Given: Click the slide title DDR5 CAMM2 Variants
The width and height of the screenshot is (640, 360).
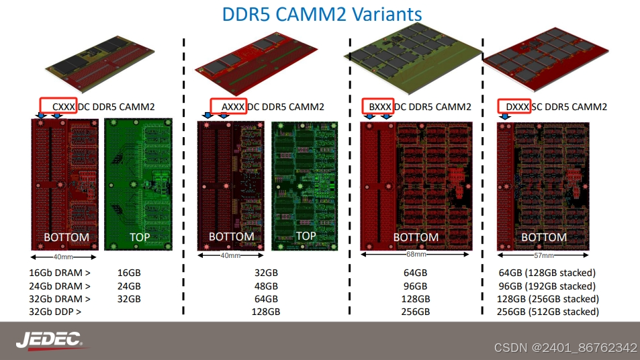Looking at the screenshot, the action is (x=322, y=14).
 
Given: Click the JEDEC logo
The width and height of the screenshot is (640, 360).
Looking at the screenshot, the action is (x=49, y=340).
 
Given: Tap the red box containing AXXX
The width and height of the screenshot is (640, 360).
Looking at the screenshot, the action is (x=228, y=106).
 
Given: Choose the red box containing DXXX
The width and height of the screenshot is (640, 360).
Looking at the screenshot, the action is (x=514, y=106).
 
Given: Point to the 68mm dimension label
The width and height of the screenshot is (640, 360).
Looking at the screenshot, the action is (x=416, y=255).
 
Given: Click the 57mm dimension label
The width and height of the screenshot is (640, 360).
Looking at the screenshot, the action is (x=543, y=255).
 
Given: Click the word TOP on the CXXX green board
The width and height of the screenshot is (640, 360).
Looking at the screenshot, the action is (x=139, y=237).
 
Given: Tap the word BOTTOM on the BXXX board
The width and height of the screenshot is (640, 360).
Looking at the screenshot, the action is (x=416, y=237).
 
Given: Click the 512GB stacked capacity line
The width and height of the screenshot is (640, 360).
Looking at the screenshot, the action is (x=547, y=312).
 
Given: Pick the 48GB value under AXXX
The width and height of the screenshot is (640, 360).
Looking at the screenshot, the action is (x=266, y=286).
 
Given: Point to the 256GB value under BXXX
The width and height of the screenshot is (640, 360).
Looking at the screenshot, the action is (x=415, y=312).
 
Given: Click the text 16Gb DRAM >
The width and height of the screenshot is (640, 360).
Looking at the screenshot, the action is (x=59, y=273).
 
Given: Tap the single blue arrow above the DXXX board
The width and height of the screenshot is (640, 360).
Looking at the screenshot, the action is (x=505, y=116).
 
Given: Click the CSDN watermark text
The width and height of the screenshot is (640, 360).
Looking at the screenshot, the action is (x=565, y=347).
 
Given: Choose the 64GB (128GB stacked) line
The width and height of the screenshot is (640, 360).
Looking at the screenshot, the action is (x=547, y=273).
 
